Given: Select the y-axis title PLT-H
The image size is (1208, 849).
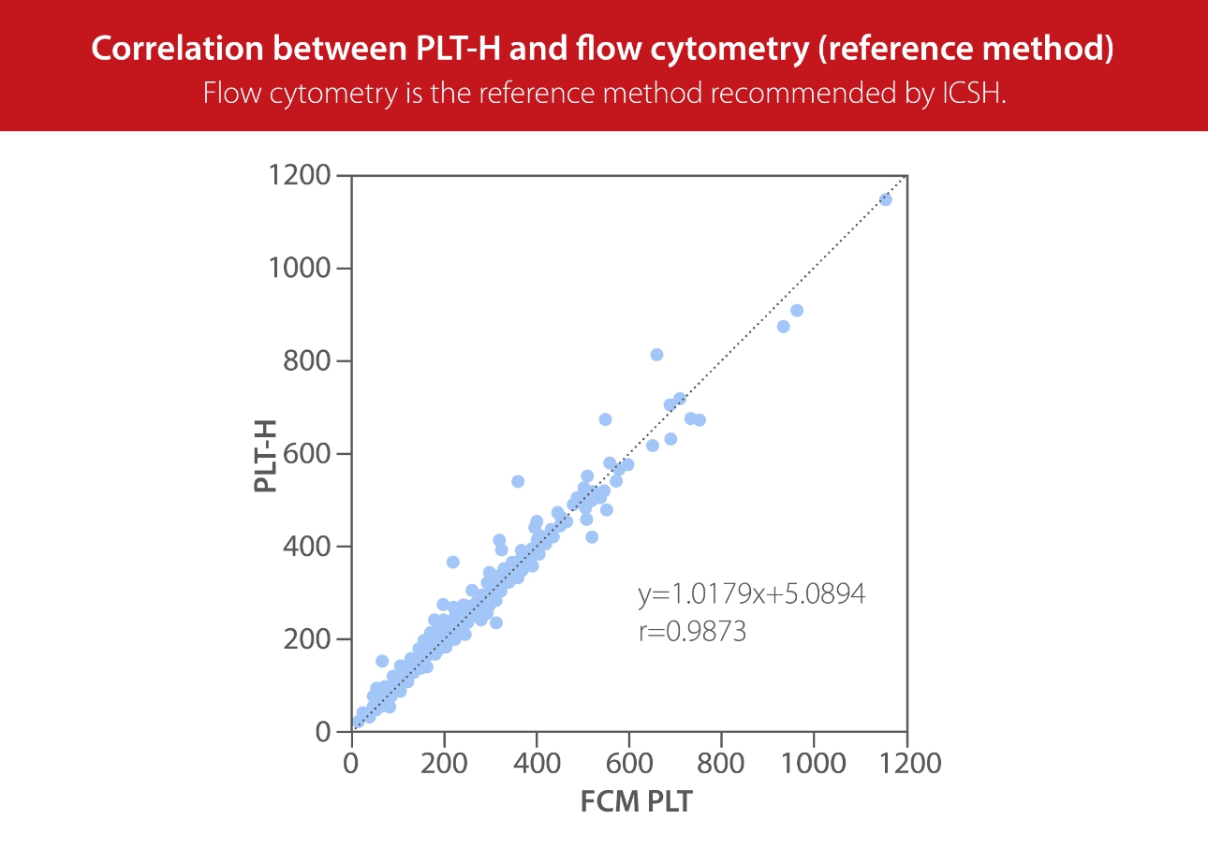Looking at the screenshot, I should click(x=267, y=454).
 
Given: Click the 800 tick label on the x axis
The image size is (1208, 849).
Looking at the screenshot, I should click(x=721, y=764).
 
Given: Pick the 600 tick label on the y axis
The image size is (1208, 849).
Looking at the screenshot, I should click(x=306, y=454).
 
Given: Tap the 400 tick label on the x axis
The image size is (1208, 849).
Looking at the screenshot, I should click(x=537, y=764).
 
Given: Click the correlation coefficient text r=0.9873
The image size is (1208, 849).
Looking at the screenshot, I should click(x=692, y=632).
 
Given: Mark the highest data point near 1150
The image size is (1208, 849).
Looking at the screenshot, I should click(x=886, y=199).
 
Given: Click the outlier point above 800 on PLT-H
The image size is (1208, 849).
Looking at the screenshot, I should click(x=656, y=355).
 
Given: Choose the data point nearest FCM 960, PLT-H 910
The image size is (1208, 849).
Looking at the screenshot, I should click(x=797, y=311).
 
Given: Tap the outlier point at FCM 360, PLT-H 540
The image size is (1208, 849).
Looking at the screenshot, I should click(x=518, y=481).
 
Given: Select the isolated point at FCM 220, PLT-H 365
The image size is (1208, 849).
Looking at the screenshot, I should click(x=452, y=562).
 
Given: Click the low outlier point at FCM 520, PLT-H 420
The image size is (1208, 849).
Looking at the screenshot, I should click(x=592, y=537).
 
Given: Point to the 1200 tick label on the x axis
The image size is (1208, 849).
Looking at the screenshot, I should click(x=906, y=764).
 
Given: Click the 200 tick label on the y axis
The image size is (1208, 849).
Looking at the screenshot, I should click(x=306, y=639).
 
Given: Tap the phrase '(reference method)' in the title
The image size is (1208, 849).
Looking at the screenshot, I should click(x=965, y=50).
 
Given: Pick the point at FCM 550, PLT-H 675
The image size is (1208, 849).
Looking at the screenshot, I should click(x=605, y=419).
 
